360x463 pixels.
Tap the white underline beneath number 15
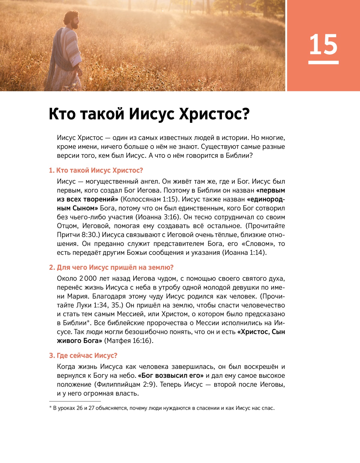pyautogui.click(x=323, y=62)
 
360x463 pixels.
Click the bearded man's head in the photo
pyautogui.click(x=72, y=20)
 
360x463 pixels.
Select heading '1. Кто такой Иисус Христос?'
pyautogui.click(x=96, y=170)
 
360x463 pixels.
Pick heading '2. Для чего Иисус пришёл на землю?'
pyautogui.click(x=111, y=267)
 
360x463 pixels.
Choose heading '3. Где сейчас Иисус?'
pyautogui.click(x=83, y=356)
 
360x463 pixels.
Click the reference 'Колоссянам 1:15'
pyautogui.click(x=150, y=199)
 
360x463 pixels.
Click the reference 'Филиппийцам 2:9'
pyautogui.click(x=125, y=384)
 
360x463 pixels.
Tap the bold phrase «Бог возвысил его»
pyautogui.click(x=171, y=376)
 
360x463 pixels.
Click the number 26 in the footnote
pyautogui.click(x=79, y=408)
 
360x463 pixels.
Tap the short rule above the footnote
pyautogui.click(x=75, y=401)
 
